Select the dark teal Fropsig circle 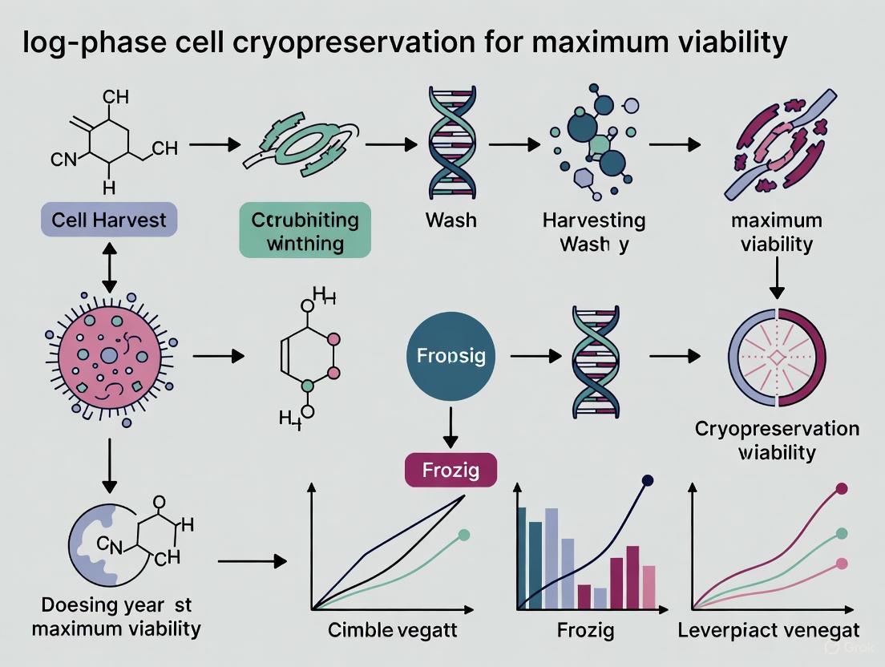coord(451,355)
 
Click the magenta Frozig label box coord(450,470)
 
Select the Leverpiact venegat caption coord(768,631)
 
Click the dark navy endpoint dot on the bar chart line coord(648,481)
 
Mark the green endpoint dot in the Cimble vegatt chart coord(463,535)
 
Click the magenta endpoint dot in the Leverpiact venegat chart coord(842,488)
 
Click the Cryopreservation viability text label coord(776,440)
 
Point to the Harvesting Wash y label coord(594,231)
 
